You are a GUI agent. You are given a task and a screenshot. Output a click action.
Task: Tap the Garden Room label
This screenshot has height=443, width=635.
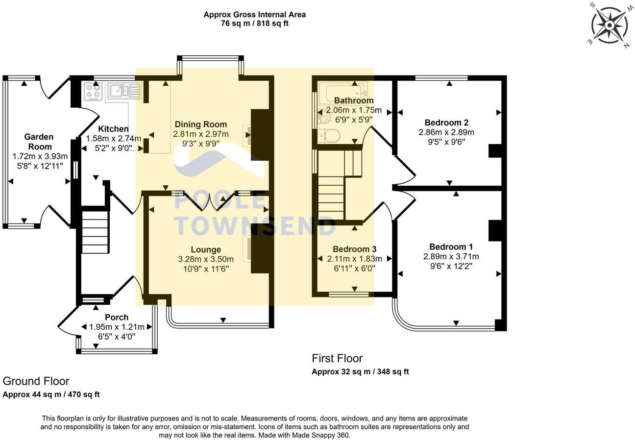pyautogui.click(x=39, y=142)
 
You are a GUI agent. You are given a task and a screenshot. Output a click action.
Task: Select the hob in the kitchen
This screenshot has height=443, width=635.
pyautogui.click(x=93, y=91)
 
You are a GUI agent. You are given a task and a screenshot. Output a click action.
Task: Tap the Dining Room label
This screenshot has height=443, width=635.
pyautogui.click(x=201, y=124)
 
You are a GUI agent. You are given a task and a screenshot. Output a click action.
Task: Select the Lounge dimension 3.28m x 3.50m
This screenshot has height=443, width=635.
pyautogui.click(x=206, y=259)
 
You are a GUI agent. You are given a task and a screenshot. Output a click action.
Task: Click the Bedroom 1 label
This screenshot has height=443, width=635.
pyautogui.click(x=451, y=246)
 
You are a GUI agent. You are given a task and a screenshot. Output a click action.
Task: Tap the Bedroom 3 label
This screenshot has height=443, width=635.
pyautogui.click(x=354, y=249)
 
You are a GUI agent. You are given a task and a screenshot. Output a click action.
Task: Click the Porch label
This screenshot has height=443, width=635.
pyautogui.click(x=117, y=317)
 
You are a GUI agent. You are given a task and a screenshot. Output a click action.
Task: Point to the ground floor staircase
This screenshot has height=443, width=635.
pyautogui.click(x=95, y=233)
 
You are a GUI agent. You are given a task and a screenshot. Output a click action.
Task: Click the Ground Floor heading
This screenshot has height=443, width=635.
pyautogui.click(x=36, y=381)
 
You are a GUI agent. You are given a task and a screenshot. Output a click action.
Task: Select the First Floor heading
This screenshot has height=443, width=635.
pyautogui.click(x=337, y=358)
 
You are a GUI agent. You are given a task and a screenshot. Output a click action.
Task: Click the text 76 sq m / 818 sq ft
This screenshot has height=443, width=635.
pyautogui.click(x=255, y=23)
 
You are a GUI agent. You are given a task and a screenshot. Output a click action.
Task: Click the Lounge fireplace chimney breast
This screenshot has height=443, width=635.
pyautogui.click(x=261, y=248)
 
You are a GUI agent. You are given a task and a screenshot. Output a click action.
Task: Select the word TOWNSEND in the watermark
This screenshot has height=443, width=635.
pyautogui.click(x=255, y=226)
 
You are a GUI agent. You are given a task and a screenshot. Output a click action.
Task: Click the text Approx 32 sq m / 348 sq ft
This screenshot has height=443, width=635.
pyautogui.click(x=360, y=371)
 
